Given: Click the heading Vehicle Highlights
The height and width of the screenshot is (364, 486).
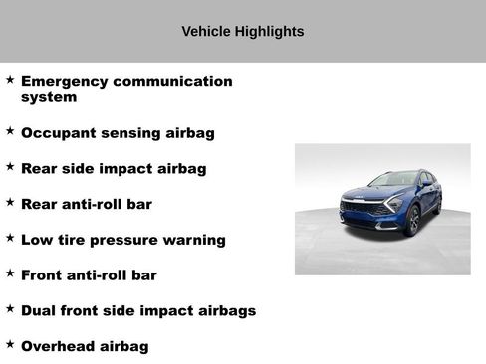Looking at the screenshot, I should click(x=243, y=31).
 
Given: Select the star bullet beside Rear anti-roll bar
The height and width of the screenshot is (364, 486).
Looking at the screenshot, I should click(x=10, y=202).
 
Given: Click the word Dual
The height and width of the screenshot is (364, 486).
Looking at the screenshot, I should click(x=40, y=310).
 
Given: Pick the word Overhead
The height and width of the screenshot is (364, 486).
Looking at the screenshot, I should click(x=60, y=346).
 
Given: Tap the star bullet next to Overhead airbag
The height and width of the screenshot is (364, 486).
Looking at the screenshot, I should click(x=10, y=344).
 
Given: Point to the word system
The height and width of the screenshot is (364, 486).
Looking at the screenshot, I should click(x=49, y=97).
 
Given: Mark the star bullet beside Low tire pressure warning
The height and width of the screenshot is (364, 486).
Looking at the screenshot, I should click(x=10, y=238).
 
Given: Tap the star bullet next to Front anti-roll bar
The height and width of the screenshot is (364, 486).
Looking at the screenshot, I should click(x=10, y=273).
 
